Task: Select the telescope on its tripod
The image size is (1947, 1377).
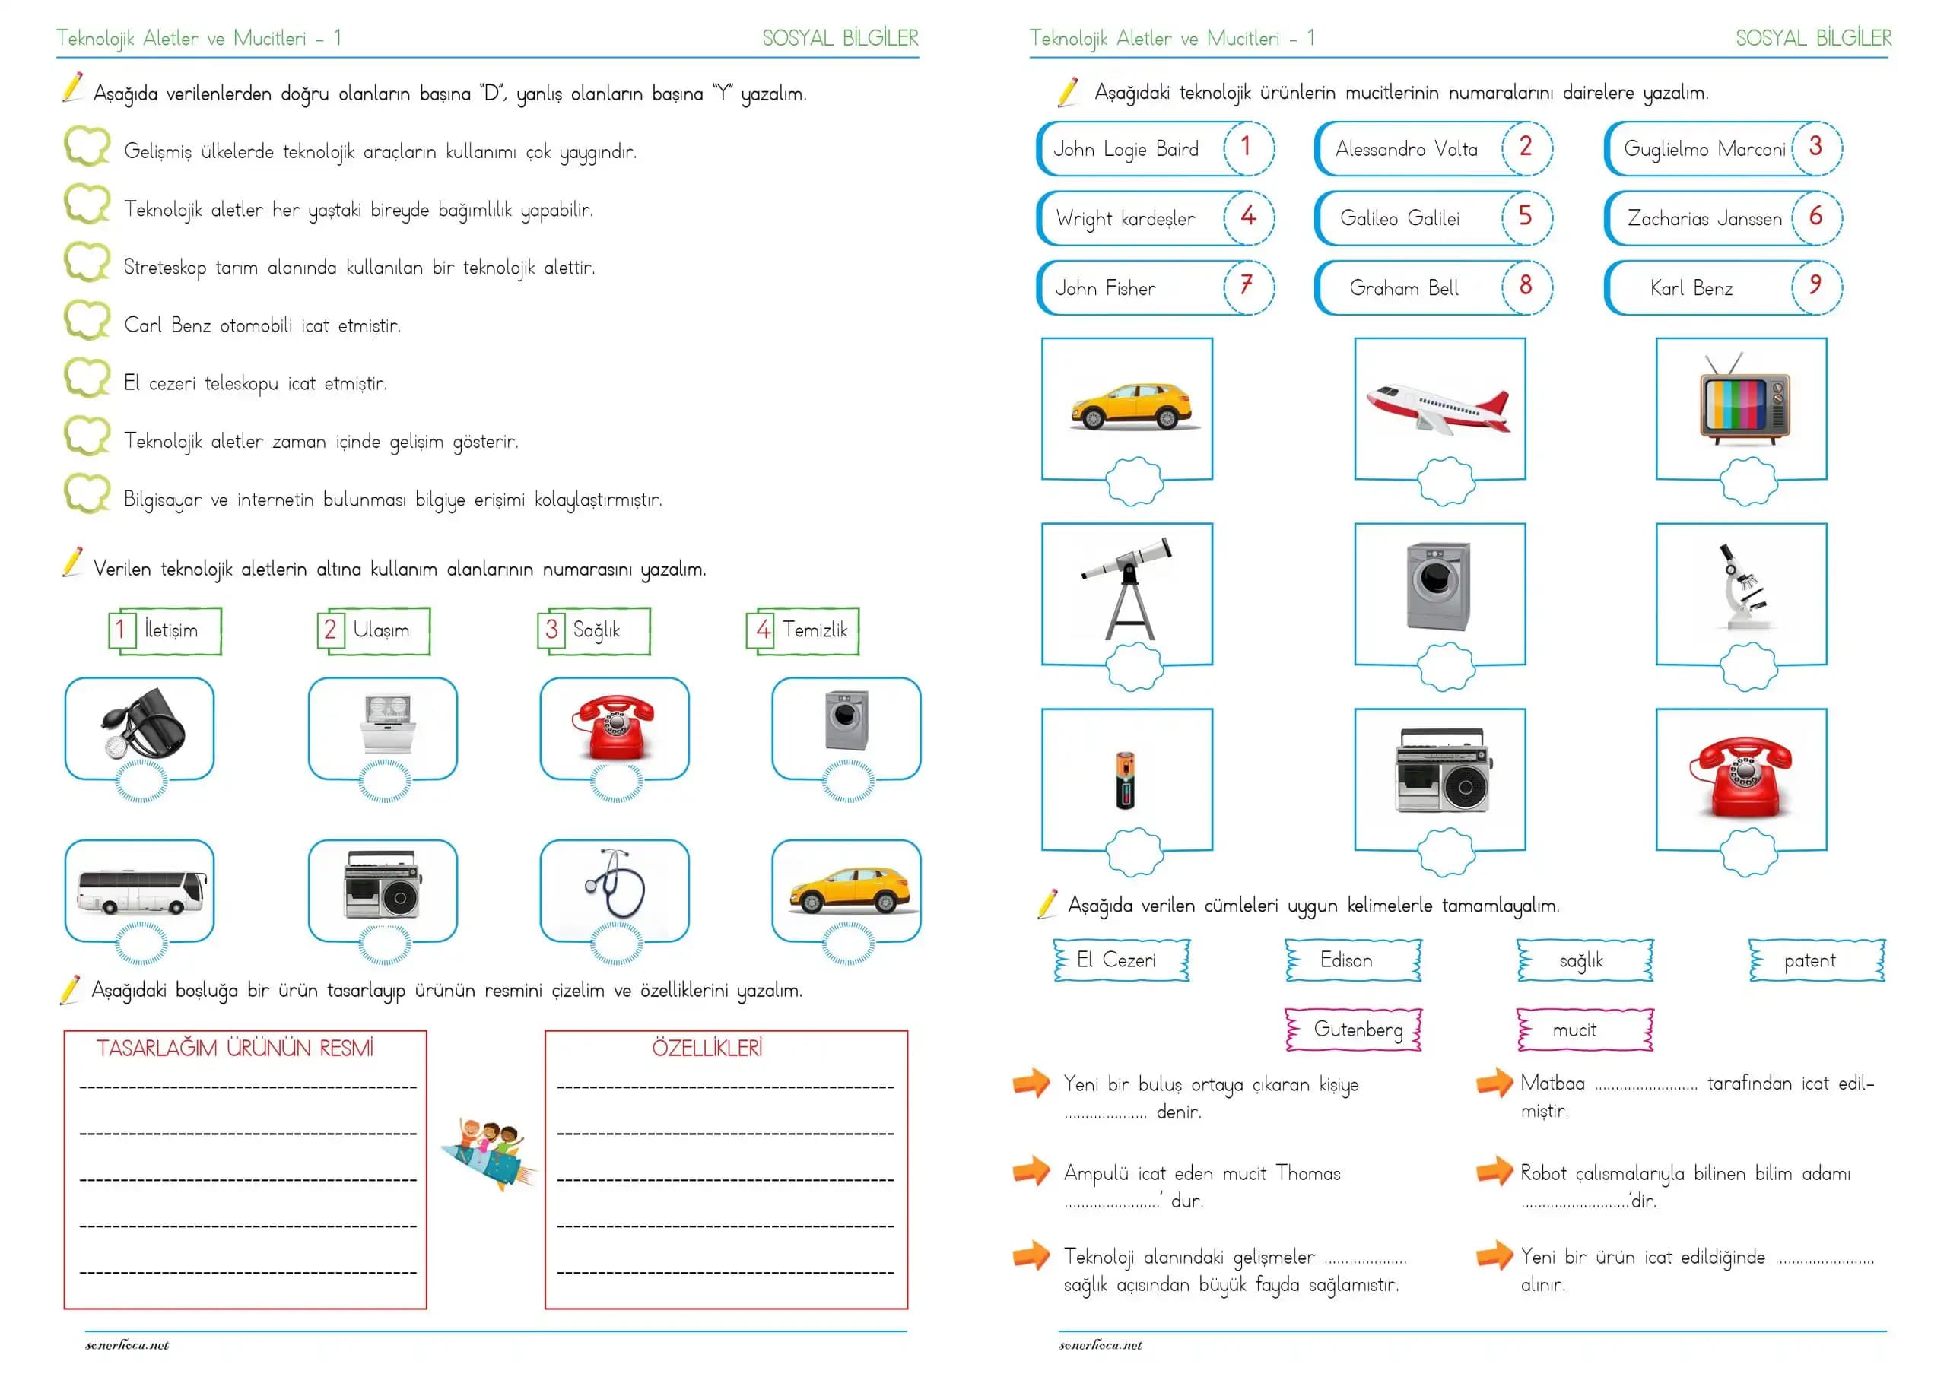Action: click(x=1128, y=589)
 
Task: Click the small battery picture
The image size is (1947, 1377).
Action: click(x=1126, y=780)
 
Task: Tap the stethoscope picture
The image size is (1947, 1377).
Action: click(x=615, y=884)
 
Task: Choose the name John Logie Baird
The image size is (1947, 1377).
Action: click(x=1126, y=150)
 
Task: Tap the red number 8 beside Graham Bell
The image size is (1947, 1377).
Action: click(x=1526, y=286)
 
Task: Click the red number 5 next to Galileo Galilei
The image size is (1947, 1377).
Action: click(x=1525, y=216)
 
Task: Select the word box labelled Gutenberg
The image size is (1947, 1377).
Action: click(x=1357, y=1030)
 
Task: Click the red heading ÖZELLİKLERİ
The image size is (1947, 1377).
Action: click(x=707, y=1049)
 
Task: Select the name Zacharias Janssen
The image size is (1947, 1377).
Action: click(x=1704, y=219)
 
